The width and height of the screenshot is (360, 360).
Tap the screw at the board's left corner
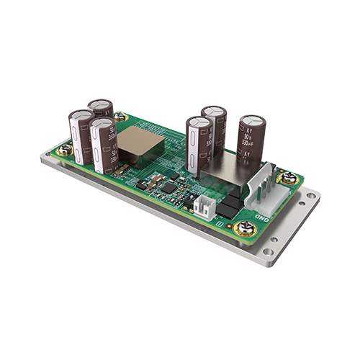(65, 150)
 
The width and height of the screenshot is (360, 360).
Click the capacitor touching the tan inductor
(104, 144)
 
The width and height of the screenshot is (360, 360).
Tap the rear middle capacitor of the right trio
(214, 130)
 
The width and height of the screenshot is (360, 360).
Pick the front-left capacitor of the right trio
(199, 144)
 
